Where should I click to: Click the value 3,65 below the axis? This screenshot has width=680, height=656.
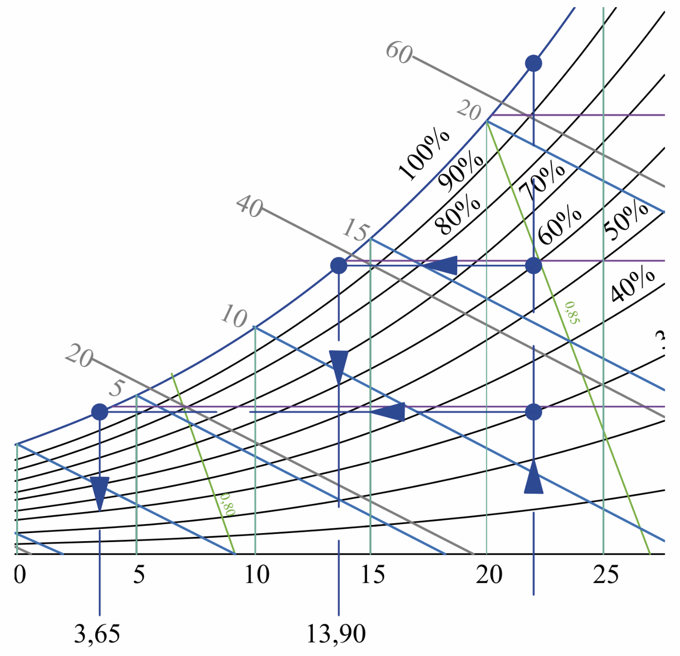coord(97,634)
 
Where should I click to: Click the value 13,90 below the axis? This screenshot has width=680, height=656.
coord(336,634)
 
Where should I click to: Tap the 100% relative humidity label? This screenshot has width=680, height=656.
coord(424,155)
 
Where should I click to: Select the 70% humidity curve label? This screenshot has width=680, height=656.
coord(542,181)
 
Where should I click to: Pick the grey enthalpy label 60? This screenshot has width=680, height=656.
coord(399,52)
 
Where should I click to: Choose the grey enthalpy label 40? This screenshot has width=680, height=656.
coord(250,206)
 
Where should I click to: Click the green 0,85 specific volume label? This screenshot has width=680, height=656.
coord(572,313)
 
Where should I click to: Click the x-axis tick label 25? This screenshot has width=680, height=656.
coord(605,575)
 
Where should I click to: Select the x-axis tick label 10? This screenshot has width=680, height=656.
coord(256,575)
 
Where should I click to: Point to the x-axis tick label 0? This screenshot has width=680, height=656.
coord(20,575)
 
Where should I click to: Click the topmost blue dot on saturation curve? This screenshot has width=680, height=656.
coord(533,63)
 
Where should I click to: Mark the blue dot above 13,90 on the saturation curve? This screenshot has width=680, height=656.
coord(339,265)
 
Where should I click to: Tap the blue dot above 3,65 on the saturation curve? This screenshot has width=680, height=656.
coord(100,412)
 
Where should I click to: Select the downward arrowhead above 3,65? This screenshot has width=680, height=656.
coord(100,492)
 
